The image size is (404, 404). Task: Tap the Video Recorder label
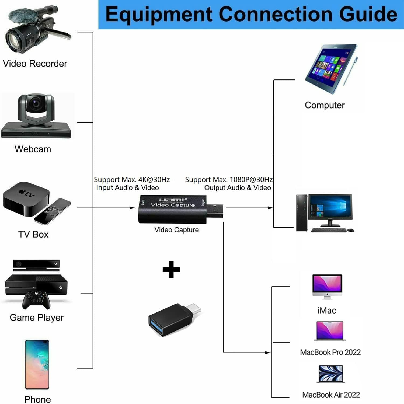[x=35, y=64]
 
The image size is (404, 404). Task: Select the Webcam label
[x=33, y=149]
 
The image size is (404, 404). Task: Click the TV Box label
[x=33, y=234]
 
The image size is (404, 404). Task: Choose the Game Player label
[x=37, y=318]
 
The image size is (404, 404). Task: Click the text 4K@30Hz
[x=154, y=179]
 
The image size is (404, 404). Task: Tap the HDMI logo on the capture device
[x=172, y=200]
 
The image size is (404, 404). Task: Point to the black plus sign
[x=171, y=269]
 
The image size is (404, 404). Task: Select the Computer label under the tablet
[x=325, y=105]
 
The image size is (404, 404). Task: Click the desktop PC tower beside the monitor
[x=301, y=213]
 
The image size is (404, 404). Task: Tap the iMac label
[x=327, y=311]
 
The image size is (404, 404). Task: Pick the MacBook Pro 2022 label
[x=330, y=352]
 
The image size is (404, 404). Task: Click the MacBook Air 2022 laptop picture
[x=331, y=374]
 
